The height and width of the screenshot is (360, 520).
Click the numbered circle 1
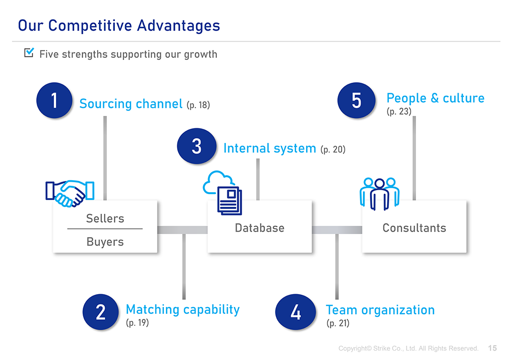54,100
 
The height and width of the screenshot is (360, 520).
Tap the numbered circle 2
101,312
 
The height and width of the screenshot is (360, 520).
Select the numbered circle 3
197,146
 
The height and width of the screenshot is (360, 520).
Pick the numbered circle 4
296,312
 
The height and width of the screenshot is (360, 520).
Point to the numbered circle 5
357,100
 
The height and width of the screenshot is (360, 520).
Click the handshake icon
70,194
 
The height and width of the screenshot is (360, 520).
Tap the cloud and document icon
222,193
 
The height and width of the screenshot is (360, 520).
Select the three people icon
379,194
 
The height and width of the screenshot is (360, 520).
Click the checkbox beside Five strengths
29,52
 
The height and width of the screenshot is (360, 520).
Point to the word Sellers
105,218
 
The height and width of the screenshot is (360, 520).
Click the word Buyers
105,242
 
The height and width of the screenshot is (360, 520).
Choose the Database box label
260,228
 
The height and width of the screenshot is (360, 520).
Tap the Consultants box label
414,228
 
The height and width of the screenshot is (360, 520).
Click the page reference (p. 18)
198,105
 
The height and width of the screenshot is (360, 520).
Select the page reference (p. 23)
399,111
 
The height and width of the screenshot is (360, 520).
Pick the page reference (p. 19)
137,322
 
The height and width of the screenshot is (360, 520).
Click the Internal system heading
269,148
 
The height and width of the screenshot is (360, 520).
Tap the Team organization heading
380,310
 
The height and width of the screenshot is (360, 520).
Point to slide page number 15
492,348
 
